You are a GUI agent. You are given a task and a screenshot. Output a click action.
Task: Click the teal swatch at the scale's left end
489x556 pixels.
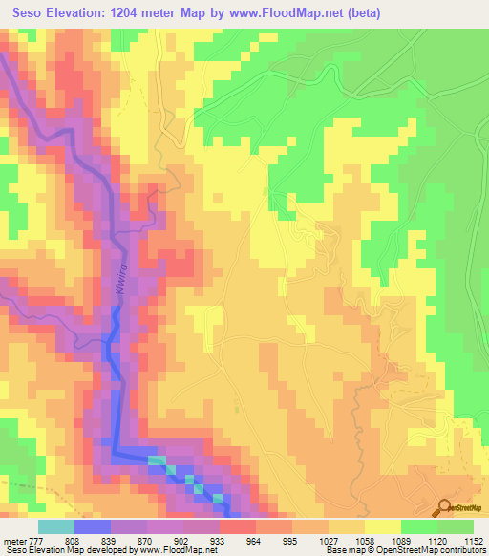(x=55, y=525)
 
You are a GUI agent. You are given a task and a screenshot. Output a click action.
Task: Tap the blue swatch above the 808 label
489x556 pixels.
(x=93, y=525)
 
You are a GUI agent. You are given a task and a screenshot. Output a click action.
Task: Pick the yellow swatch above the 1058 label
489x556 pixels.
(x=383, y=525)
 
